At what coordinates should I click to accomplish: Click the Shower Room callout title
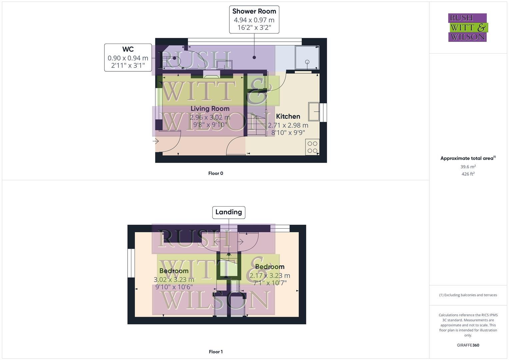click(254, 11)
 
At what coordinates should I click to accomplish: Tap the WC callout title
click(128, 49)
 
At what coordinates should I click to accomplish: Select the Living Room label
click(210, 109)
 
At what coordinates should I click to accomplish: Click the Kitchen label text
click(288, 116)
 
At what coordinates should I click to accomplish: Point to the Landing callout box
click(229, 212)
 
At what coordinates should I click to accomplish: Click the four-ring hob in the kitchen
click(312, 147)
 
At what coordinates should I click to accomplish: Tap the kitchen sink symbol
click(314, 111)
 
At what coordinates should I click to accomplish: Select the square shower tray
click(307, 58)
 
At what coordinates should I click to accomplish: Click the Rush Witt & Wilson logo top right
click(468, 27)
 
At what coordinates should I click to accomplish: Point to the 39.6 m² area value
click(468, 167)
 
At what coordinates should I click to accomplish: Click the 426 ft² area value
click(468, 174)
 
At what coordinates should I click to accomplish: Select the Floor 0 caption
click(216, 173)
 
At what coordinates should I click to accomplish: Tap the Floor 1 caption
click(216, 352)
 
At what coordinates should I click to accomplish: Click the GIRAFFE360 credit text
click(468, 345)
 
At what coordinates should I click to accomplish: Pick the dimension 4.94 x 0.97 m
click(254, 20)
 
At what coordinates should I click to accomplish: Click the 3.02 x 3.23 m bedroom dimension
click(174, 280)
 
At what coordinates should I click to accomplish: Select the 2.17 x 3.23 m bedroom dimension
click(270, 276)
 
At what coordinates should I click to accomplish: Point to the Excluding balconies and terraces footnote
click(468, 295)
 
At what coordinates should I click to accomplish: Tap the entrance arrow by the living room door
click(156, 141)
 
